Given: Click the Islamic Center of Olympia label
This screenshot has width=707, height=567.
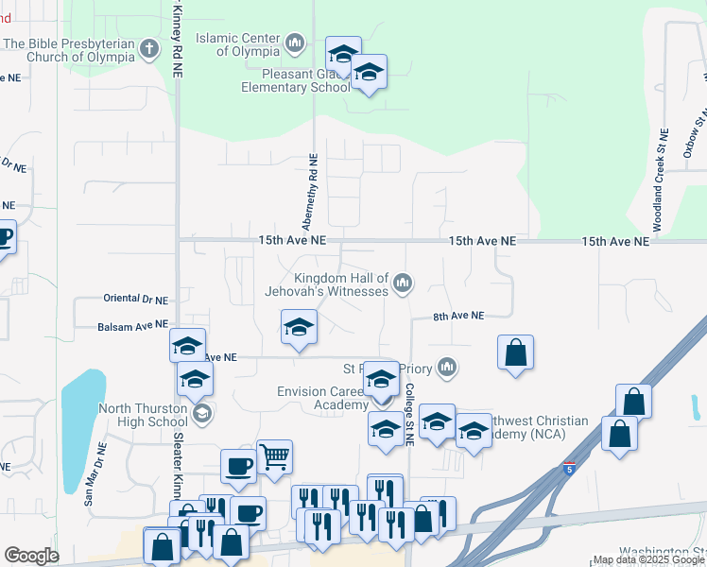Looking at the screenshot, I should point(237,44).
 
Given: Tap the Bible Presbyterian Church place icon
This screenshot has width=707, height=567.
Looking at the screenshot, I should point(149,48).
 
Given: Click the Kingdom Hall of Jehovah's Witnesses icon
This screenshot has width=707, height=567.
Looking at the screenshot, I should point(404,283).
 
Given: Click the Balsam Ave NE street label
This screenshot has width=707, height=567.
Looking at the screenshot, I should point(132,326).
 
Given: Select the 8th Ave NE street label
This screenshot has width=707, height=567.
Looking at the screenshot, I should point(458,316).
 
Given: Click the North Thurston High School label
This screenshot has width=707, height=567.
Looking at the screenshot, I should point(144,416).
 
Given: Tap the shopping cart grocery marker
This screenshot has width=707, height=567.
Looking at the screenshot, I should point(274,456).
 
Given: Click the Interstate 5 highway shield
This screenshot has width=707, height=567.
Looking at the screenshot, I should point(568,468).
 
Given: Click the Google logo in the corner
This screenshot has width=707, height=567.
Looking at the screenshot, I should point(31,556).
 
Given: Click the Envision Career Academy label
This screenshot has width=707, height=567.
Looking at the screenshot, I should point(321,398).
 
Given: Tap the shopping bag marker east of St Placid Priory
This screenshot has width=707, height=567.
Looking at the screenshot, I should point(515,353).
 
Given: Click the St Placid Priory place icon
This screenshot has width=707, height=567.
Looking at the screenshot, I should point(447,367).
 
